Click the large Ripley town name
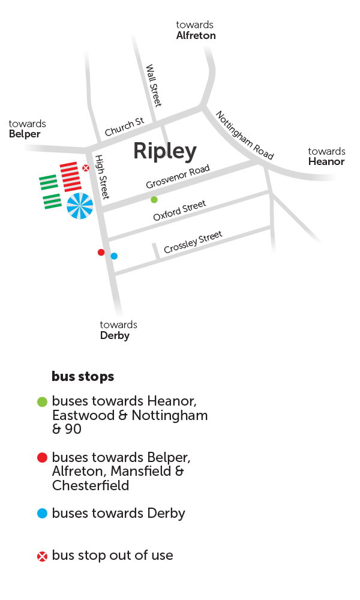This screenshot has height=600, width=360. [164, 151]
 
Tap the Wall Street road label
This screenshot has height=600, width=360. [154, 85]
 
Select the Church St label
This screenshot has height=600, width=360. [124, 127]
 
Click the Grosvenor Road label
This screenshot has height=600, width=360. [178, 177]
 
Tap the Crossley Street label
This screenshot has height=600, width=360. [193, 242]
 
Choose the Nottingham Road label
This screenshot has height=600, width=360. [244, 136]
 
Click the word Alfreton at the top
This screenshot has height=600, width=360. [196, 35]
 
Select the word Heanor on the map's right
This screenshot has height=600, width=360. [326, 161]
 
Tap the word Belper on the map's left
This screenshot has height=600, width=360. [25, 134]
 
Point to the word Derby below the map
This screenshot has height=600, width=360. [115, 335]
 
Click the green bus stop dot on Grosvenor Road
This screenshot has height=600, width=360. [154, 200]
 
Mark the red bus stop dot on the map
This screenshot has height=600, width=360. [101, 252]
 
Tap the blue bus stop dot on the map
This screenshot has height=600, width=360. [114, 256]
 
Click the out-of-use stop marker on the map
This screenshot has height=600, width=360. [86, 168]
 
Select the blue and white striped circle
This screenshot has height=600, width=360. [80, 206]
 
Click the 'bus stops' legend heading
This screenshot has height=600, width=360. [83, 377]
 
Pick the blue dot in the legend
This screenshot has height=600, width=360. [42, 514]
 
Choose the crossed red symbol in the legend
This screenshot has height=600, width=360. [42, 556]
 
